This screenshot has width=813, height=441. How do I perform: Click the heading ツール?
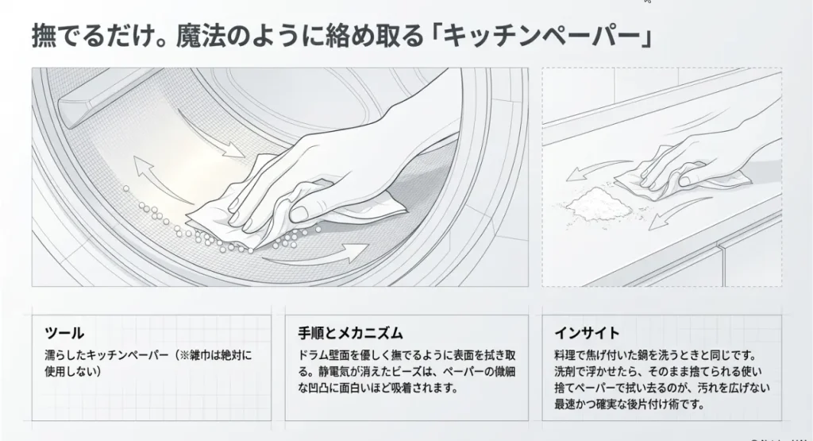(x=64, y=333)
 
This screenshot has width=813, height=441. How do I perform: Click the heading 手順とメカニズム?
(x=350, y=333)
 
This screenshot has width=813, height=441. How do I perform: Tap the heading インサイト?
(x=587, y=333)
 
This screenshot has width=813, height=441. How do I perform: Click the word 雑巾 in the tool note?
(x=202, y=355)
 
